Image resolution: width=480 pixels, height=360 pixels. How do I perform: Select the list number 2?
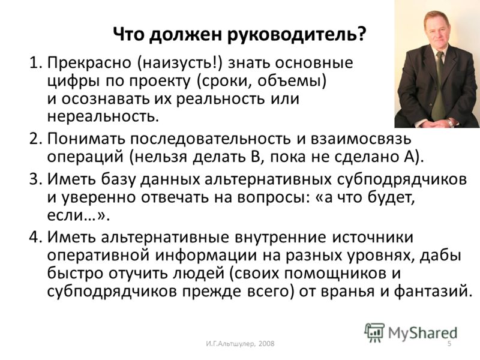coord(35,139)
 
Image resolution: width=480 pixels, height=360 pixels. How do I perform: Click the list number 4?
coord(35,237)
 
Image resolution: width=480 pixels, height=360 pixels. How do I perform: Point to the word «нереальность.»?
coord(103,116)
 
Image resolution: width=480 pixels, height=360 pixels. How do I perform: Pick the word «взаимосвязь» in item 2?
coord(361,139)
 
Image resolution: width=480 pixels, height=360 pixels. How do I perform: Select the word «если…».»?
coord(79,215)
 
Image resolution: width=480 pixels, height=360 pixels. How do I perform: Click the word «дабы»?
coord(440,256)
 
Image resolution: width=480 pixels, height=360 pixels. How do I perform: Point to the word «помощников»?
coord(335,274)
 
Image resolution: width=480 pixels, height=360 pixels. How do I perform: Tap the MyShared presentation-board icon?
coord(374,332)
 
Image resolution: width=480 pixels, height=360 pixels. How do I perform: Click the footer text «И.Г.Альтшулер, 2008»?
coord(241,344)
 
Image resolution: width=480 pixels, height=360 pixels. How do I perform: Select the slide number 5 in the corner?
coord(449,343)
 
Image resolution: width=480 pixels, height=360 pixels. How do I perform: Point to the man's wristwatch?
coord(449,122)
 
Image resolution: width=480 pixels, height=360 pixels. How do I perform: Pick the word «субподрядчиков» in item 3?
coord(401,179)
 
